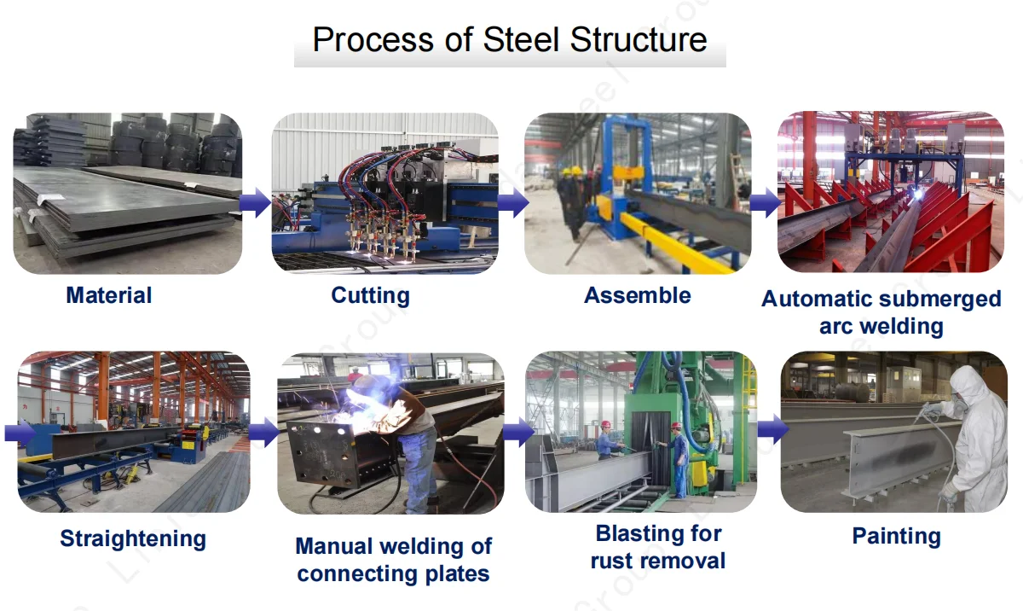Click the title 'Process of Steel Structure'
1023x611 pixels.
[x=510, y=40]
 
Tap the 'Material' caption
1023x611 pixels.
[x=109, y=295]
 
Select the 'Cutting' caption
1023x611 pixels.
[x=370, y=295]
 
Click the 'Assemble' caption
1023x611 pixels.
[x=638, y=295]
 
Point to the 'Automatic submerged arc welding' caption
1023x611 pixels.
[x=881, y=312]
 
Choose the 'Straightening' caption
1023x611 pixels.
[x=133, y=538]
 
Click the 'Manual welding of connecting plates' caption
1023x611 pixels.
[x=393, y=559]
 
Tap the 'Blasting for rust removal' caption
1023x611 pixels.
[x=658, y=547]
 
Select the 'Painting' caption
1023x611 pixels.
[x=896, y=536]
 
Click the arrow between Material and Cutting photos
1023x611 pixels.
[x=255, y=203]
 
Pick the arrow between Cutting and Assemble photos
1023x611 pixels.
[x=512, y=203]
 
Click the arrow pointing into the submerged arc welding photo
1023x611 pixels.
[x=765, y=203]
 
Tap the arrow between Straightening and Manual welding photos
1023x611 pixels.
[x=263, y=432]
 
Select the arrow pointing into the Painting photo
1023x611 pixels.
[x=771, y=428]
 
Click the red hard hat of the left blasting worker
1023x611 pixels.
[x=605, y=424]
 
